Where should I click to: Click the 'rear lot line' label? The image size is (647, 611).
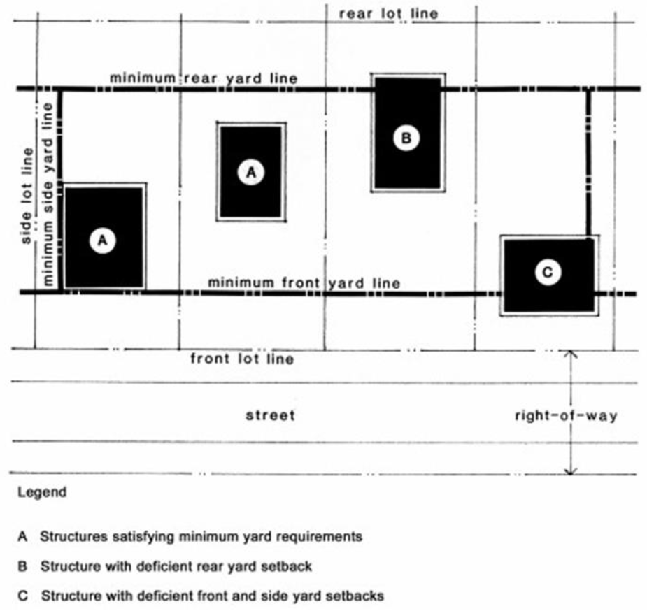tap(388, 13)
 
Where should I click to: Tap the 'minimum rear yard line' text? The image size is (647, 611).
tap(204, 78)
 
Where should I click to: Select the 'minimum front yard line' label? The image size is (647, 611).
tap(304, 283)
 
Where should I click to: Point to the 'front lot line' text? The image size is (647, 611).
tap(242, 359)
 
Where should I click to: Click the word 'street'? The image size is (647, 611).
tap(270, 416)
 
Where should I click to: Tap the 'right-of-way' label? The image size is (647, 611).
tap(566, 416)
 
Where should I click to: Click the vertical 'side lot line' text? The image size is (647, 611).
tap(28, 196)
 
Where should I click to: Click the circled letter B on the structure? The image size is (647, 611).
tap(406, 138)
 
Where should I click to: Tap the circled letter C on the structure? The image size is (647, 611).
tap(547, 272)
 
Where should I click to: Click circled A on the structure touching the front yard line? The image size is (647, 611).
tap(103, 240)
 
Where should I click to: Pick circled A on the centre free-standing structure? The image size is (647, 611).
tap(250, 171)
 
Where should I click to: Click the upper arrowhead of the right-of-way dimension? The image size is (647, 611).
tap(571, 354)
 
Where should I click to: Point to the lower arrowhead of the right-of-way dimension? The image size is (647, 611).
tap(571, 471)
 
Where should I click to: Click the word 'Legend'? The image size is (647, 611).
tap(43, 492)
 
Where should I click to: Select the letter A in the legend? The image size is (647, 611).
tap(22, 537)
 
